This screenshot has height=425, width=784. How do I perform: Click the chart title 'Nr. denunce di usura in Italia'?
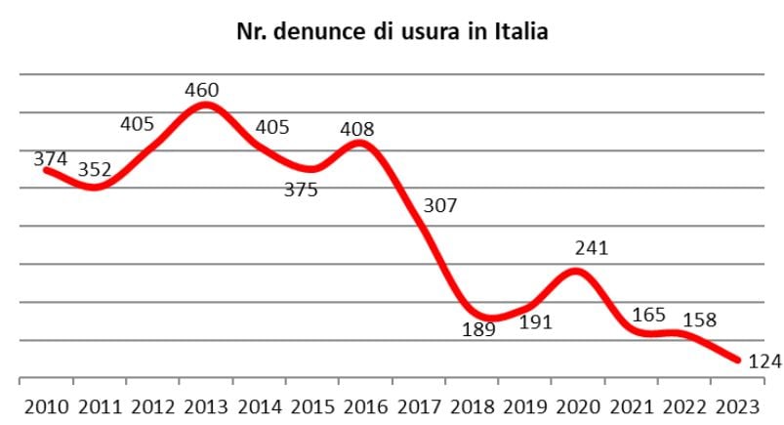(392, 32)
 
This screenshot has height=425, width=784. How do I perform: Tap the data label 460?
(202, 90)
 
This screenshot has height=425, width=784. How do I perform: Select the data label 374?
(52, 158)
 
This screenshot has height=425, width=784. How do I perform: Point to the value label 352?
(95, 170)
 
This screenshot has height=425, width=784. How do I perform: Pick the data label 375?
(301, 191)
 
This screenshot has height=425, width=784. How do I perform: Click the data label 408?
(356, 128)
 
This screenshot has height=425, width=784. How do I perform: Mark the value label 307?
(440, 206)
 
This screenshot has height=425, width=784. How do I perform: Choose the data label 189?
(478, 329)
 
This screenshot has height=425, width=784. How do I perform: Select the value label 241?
(591, 248)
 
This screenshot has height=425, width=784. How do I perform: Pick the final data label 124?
(764, 361)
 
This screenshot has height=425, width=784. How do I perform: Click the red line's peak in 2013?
(206, 104)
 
